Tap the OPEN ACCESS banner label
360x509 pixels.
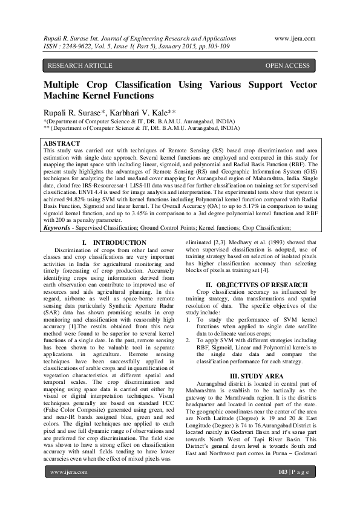(287, 65)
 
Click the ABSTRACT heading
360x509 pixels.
(63, 143)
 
